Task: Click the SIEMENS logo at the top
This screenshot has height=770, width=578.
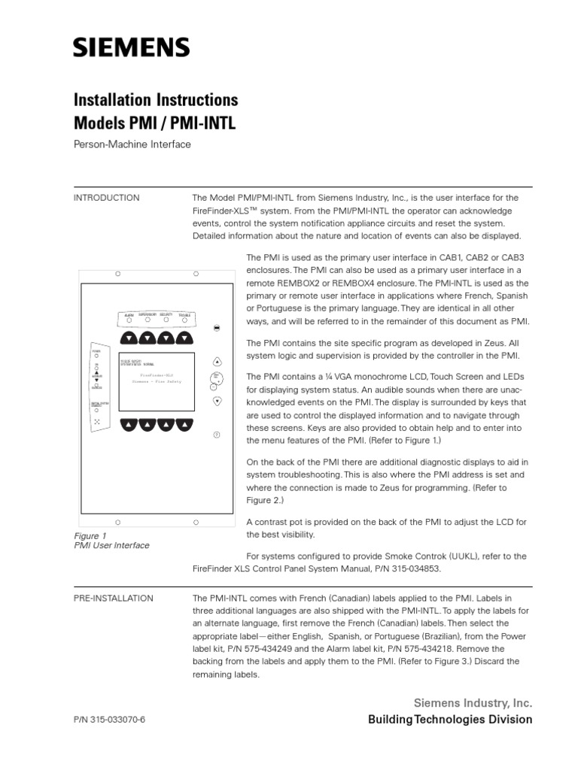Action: click(131, 49)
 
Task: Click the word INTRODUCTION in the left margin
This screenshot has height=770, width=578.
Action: click(106, 198)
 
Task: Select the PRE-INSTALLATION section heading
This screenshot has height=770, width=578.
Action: click(113, 598)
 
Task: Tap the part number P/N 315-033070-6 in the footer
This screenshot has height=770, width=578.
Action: click(109, 720)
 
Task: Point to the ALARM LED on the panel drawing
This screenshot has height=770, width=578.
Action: click(129, 320)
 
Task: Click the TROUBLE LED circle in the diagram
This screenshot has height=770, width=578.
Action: click(184, 320)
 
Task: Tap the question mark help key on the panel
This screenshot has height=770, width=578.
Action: click(217, 435)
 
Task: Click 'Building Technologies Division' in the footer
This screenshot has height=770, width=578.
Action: click(450, 720)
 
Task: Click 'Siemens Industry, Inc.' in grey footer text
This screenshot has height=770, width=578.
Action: click(473, 703)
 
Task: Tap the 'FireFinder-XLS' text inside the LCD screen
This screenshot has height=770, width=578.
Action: click(157, 374)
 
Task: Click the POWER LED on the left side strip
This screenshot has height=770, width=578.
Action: click(96, 356)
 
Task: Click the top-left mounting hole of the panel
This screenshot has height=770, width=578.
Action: click(118, 273)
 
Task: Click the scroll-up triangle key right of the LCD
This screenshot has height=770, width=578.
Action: click(217, 361)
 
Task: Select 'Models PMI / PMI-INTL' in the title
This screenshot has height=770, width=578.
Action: click(154, 123)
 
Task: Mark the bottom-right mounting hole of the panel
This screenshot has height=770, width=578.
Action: click(196, 521)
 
